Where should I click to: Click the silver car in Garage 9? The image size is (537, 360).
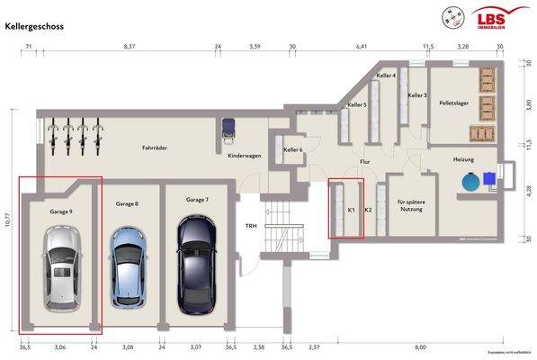click(59, 266)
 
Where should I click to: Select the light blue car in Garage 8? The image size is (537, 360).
click(127, 266)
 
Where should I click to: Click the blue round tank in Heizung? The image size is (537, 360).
click(470, 181)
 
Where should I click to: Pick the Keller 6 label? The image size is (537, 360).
click(293, 149)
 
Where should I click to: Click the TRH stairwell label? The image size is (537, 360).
click(253, 225)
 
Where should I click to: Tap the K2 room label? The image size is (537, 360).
click(369, 210)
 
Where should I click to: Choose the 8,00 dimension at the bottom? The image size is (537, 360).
click(420, 345)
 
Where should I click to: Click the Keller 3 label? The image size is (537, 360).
click(418, 94)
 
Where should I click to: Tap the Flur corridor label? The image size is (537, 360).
click(364, 162)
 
